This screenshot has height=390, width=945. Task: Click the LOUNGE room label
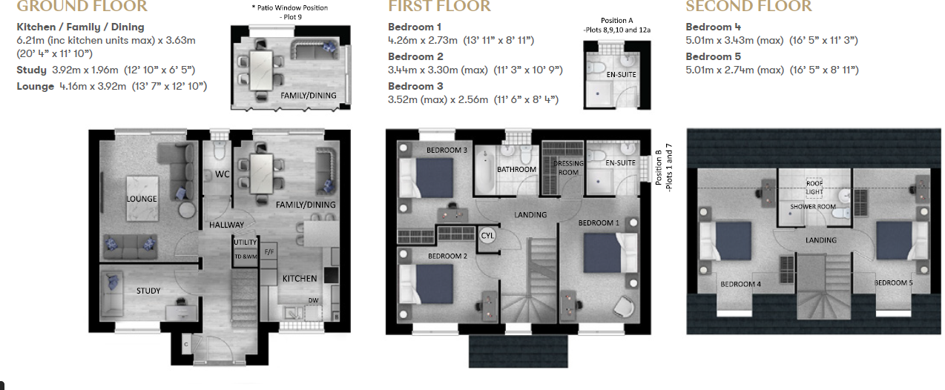(141, 199)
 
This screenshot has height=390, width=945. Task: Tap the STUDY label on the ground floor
(148, 291)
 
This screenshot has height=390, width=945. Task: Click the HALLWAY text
(226, 225)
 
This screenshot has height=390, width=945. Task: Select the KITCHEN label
(299, 279)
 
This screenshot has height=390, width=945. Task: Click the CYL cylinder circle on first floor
(487, 235)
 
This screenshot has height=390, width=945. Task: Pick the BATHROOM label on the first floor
(516, 170)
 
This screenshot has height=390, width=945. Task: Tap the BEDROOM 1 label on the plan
(599, 222)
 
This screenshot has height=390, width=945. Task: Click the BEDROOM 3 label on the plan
(447, 151)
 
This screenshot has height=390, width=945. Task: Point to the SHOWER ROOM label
(814, 207)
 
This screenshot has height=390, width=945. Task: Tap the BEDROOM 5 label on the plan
(893, 283)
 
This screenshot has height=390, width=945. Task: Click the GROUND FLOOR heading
(82, 7)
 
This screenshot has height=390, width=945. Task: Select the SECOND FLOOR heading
(748, 7)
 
